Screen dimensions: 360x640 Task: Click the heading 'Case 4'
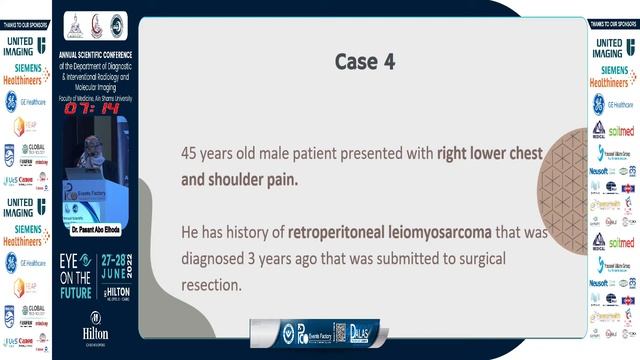tap(364, 62)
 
